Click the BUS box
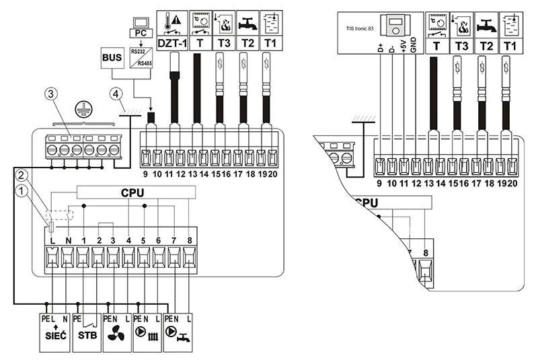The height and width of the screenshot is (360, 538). click(112, 59)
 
